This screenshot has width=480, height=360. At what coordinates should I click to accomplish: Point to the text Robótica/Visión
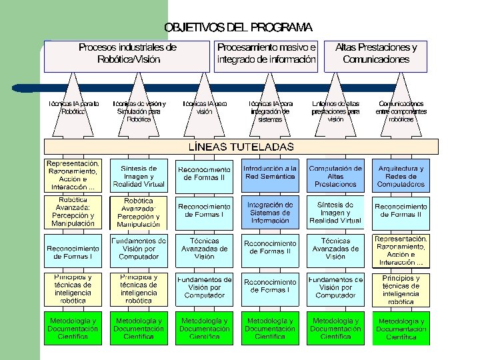[128, 59]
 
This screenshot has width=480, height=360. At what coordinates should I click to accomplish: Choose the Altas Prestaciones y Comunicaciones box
[376, 53]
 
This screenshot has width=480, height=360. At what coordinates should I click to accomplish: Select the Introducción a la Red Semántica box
[270, 173]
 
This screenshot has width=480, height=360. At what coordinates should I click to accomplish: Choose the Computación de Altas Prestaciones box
[335, 176]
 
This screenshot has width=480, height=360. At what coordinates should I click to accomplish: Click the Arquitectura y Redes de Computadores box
[401, 176]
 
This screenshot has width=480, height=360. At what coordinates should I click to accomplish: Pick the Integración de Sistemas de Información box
[270, 213]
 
